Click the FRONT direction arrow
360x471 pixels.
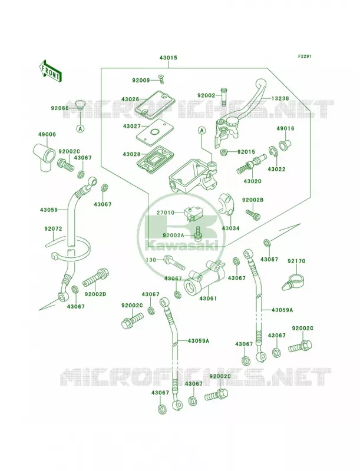50,70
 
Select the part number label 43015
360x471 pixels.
168,58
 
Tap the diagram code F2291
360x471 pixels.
305,56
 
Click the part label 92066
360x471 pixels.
60,108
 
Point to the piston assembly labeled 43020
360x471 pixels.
252,164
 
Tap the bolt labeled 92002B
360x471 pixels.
253,214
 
